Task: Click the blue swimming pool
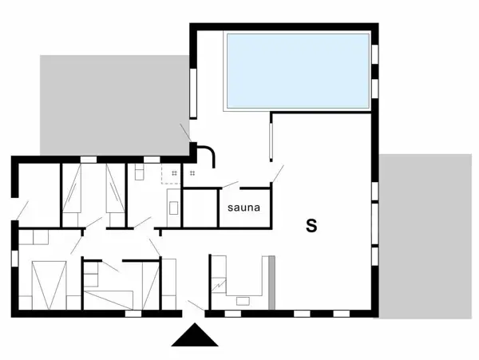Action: click(x=298, y=70)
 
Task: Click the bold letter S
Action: click(x=311, y=226)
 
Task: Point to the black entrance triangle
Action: click(x=195, y=336)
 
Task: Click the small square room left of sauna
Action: click(x=200, y=208)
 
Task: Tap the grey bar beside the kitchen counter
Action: click(x=271, y=283)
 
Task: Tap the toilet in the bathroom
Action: click(x=138, y=172)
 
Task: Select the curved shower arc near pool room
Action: click(x=207, y=153)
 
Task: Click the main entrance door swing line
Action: click(x=194, y=303)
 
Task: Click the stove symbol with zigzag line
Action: click(x=218, y=283)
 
